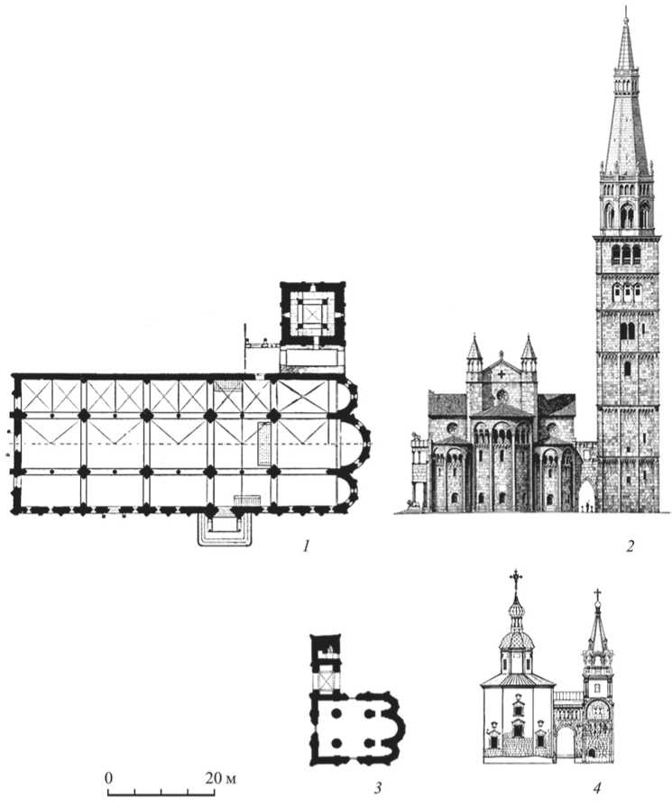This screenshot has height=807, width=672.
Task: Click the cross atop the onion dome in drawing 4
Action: [516, 577]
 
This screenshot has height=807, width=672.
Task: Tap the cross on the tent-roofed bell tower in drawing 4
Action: [596, 595]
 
